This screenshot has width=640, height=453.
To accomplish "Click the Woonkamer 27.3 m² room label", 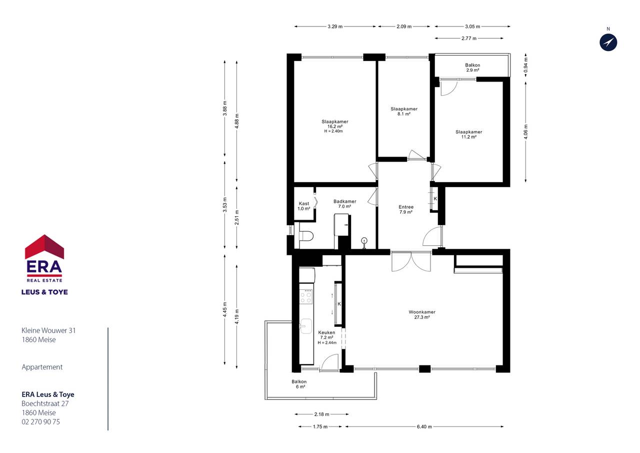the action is click(x=422, y=314).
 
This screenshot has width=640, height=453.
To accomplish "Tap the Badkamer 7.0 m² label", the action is click(x=345, y=204).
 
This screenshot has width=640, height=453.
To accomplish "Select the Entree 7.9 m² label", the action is click(x=406, y=209).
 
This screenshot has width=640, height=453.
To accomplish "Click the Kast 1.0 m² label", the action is click(x=304, y=206).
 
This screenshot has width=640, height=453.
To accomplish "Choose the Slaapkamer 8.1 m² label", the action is click(x=404, y=111).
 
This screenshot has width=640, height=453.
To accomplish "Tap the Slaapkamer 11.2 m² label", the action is click(x=469, y=135).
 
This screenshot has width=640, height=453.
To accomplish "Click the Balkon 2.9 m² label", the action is click(x=472, y=68).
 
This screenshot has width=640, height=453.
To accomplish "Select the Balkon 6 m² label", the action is click(x=299, y=384).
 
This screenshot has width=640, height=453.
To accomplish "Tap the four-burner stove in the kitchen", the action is click(x=305, y=296).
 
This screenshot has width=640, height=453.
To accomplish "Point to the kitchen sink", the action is click(x=305, y=326).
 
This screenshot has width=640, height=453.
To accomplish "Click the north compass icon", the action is click(x=608, y=43).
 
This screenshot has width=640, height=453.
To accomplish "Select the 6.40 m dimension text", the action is click(x=424, y=426).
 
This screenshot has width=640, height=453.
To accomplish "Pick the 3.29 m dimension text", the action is click(x=335, y=27).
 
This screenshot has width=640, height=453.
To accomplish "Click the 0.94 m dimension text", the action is click(x=526, y=65).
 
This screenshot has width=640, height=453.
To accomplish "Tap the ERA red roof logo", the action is click(x=44, y=247).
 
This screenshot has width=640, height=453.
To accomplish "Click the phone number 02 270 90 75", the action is click(x=41, y=422).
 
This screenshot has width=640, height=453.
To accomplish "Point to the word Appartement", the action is click(x=42, y=367).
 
